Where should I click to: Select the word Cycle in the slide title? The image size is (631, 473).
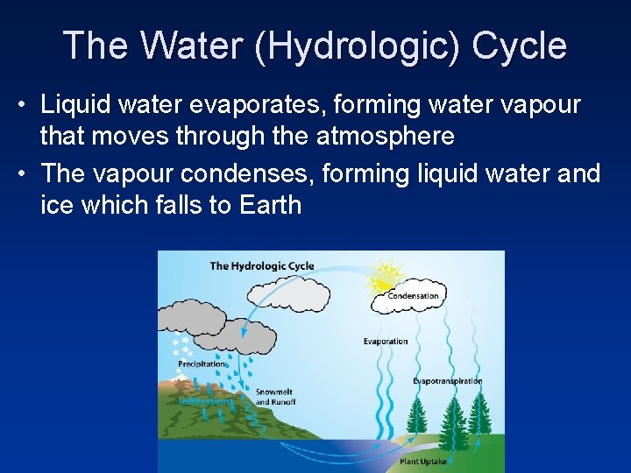[x=519, y=46]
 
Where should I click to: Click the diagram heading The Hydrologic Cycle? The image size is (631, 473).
[x=261, y=265]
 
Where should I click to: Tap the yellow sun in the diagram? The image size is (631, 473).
[x=386, y=274]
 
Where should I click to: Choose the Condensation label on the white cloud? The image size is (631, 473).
[x=413, y=296]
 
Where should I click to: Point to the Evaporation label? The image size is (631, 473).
[x=386, y=342]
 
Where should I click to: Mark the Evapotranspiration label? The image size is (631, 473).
[x=448, y=381]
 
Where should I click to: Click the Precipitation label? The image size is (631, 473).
[x=202, y=364]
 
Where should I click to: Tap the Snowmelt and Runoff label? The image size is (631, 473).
[x=275, y=397]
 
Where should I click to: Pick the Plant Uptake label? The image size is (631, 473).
[x=422, y=461]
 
